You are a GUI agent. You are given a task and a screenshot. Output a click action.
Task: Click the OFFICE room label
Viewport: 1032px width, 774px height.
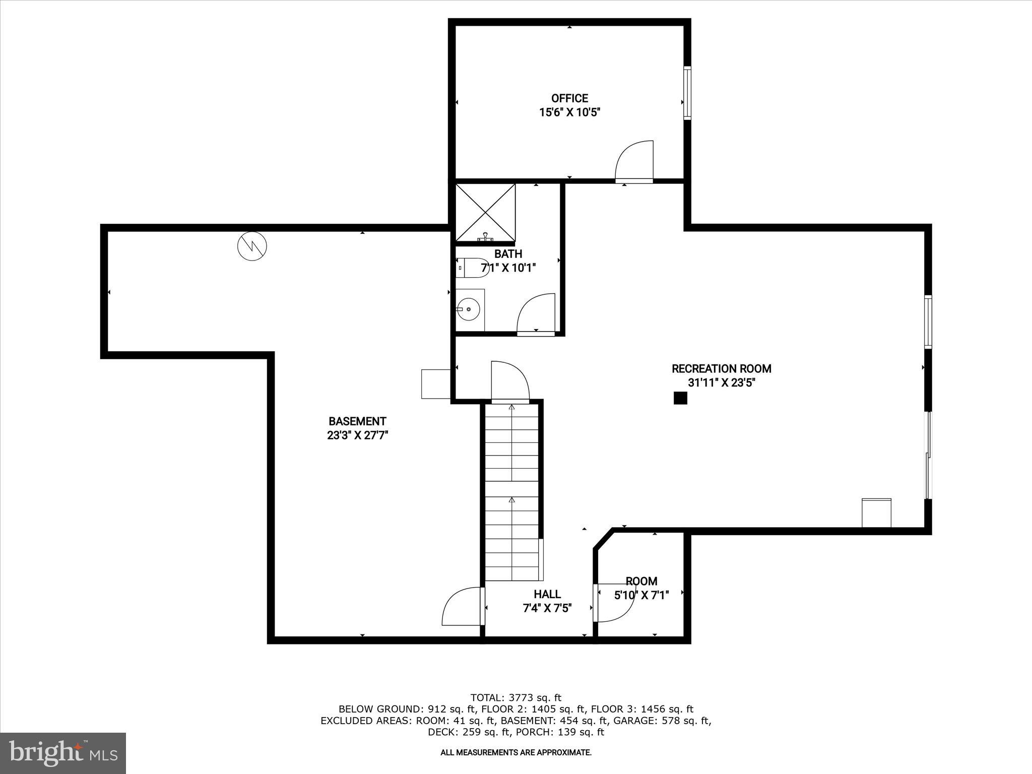click(569, 98)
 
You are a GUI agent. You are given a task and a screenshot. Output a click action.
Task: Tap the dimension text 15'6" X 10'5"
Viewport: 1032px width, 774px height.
click(569, 112)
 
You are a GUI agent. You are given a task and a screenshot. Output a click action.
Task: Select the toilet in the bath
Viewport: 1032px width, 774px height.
click(471, 268)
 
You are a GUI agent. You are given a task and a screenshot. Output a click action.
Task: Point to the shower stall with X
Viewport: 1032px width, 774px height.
click(485, 213)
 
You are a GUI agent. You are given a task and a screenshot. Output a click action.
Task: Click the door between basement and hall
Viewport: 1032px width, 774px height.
click(463, 607)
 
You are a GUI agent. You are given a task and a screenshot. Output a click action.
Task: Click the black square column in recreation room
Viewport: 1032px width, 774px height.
click(680, 398)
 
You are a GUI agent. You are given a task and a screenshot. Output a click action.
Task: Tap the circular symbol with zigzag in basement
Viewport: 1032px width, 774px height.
click(252, 246)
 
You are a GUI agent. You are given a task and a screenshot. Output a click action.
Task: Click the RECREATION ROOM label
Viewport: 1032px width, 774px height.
click(721, 368)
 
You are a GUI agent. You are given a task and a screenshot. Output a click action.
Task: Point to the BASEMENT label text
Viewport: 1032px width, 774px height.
click(357, 421)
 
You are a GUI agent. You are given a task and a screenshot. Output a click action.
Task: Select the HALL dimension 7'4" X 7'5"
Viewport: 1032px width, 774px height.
click(547, 609)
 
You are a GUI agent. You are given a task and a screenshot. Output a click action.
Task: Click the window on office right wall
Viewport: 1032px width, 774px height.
click(687, 93)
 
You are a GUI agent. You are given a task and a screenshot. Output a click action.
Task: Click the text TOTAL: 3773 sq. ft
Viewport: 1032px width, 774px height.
click(515, 698)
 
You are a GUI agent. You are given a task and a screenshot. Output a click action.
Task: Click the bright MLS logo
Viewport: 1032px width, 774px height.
click(63, 753)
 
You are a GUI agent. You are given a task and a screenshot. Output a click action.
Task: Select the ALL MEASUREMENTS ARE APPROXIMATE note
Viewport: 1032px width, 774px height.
click(515, 753)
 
